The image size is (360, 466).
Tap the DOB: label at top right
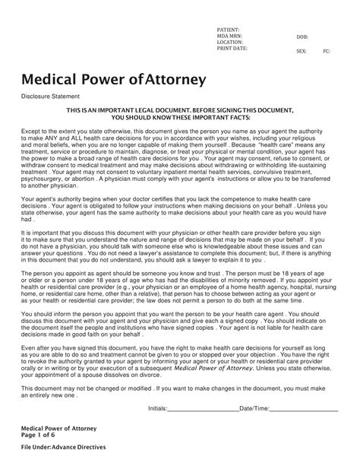tap(303, 36)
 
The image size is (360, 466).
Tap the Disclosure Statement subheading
tap(54, 97)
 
